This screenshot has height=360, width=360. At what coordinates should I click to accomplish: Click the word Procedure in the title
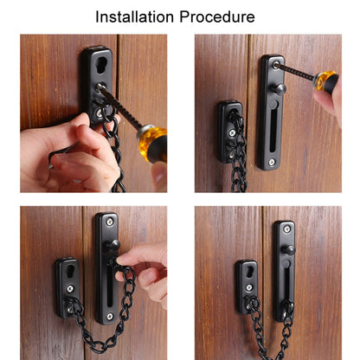click(220, 16)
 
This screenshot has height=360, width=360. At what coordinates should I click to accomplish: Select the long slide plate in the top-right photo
click(272, 112)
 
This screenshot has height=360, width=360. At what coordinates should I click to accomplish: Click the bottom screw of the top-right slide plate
click(271, 162)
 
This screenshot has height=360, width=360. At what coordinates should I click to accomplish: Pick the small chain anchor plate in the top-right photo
click(228, 130)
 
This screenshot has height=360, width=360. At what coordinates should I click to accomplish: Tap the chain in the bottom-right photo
click(260, 329)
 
